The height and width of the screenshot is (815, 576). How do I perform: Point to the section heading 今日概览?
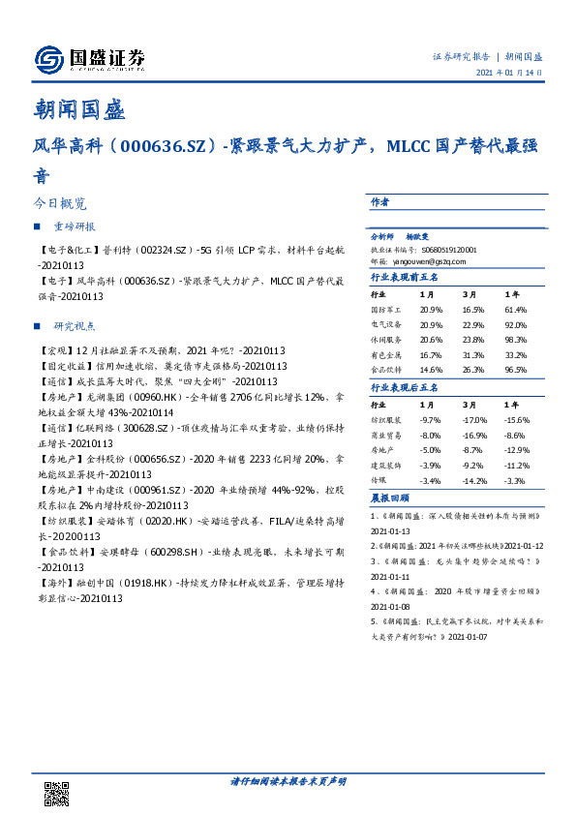coord(60,205)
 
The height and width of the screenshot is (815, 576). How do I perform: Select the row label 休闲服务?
coord(384,340)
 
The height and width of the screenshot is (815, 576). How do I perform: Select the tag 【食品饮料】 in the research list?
coord(59,553)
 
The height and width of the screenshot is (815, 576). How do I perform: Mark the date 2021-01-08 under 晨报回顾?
coord(392,606)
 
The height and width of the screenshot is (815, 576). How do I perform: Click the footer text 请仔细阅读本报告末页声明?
coord(288,780)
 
